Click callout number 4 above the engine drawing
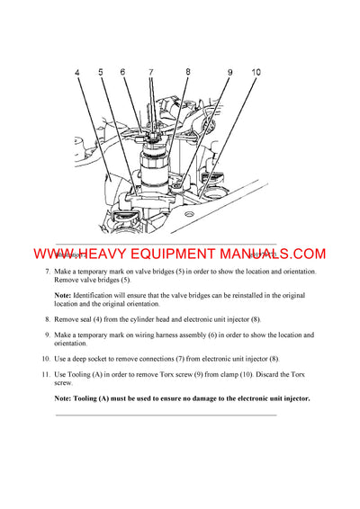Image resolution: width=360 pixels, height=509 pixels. tap(77, 72)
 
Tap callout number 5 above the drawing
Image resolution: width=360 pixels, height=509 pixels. tap(101, 72)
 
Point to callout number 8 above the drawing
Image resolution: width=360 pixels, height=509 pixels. tap(187, 72)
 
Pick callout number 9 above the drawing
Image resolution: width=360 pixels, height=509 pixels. tap(229, 72)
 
